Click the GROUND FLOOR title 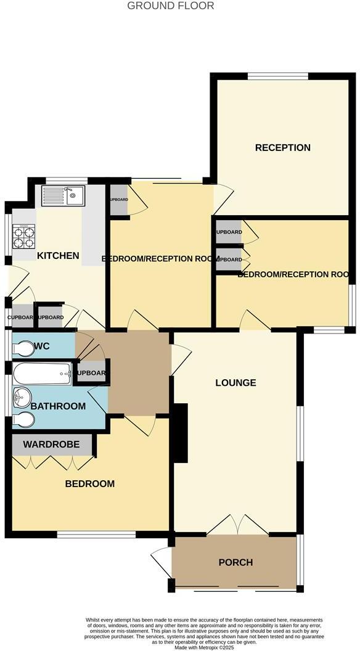[171, 6]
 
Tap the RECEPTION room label [282, 147]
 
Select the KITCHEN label [59, 255]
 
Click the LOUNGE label [235, 383]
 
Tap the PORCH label [235, 562]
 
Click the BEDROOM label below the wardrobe [90, 484]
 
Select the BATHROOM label [58, 406]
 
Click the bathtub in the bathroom [41, 374]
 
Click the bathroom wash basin [22, 396]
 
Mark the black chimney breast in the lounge [180, 432]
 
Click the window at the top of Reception [277, 76]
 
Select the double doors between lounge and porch [237, 526]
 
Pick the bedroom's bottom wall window [96, 534]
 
